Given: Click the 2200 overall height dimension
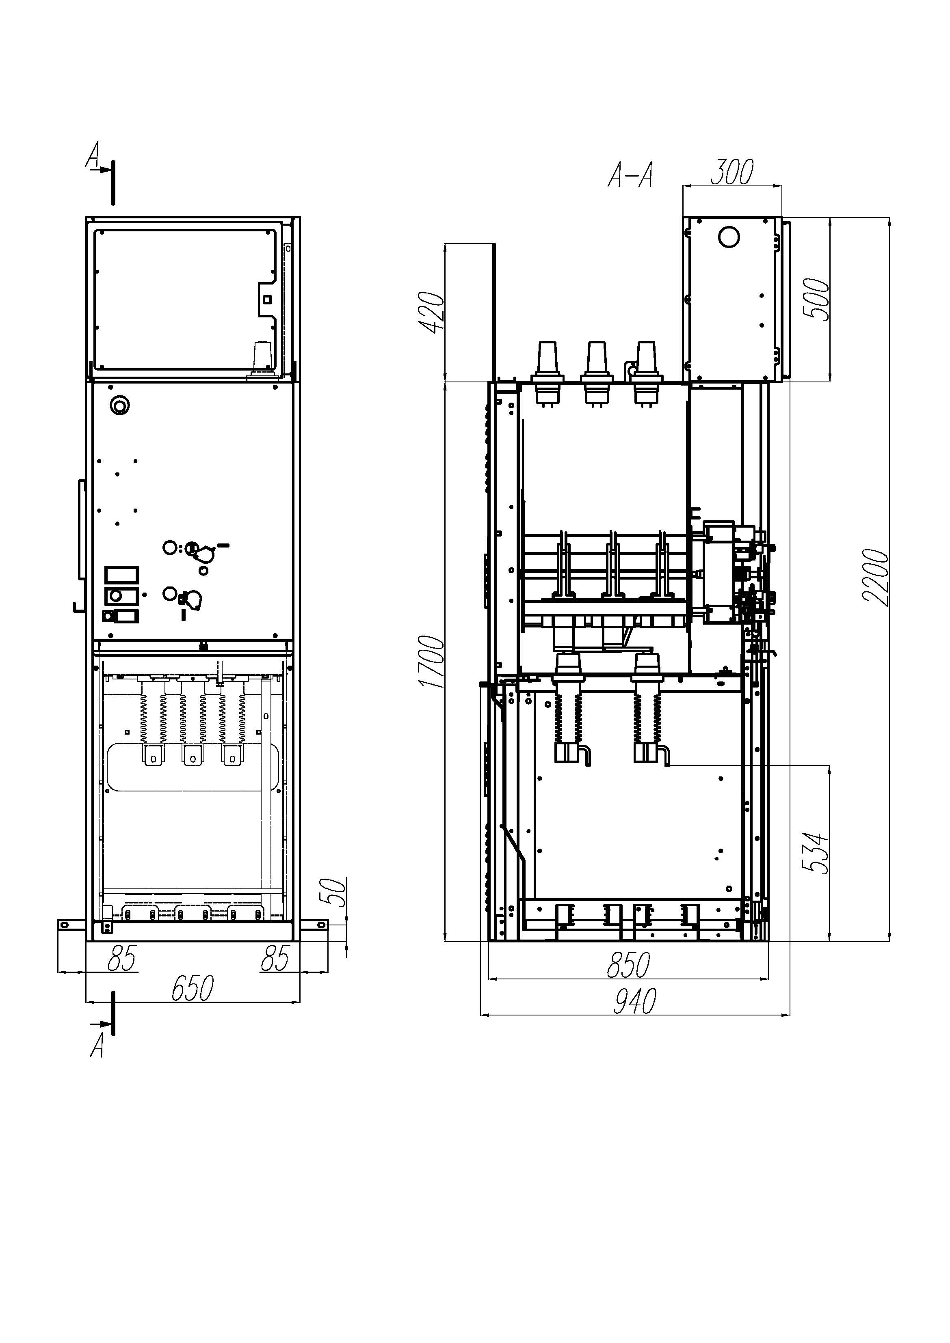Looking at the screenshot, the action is (x=876, y=578).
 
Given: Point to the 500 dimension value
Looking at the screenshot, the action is (x=816, y=298).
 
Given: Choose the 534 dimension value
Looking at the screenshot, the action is (x=816, y=853).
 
